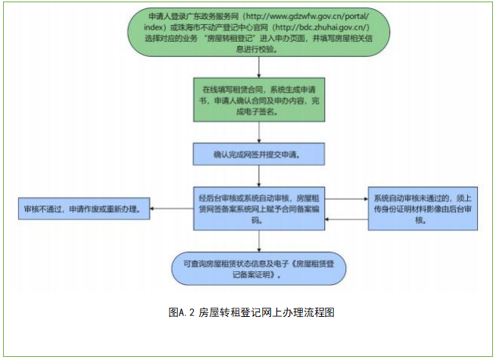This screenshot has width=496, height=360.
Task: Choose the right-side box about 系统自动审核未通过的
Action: click(x=423, y=208)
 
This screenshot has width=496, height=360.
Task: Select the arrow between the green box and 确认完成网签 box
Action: click(x=260, y=136)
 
